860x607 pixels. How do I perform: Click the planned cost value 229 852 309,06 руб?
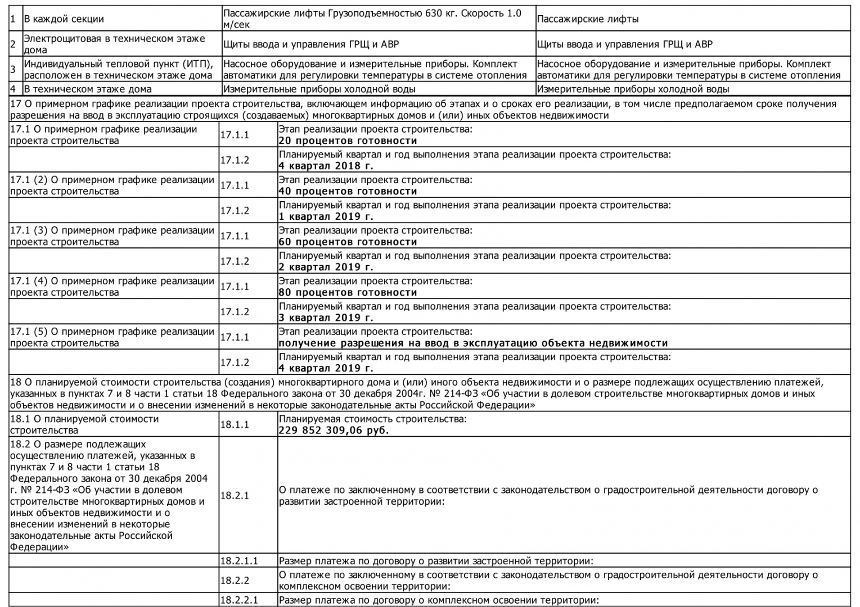click(x=334, y=431)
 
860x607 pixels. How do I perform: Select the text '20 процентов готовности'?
click(x=348, y=141)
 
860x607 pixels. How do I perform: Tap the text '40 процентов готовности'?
click(x=348, y=191)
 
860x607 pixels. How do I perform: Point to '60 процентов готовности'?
click(x=348, y=242)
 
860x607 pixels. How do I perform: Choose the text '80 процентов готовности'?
click(x=348, y=292)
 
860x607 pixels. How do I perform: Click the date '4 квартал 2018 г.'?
click(x=326, y=166)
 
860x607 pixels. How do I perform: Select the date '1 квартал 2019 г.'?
click(x=326, y=216)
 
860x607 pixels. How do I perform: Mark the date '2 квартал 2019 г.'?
click(x=326, y=267)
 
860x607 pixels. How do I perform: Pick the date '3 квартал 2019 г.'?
click(x=326, y=318)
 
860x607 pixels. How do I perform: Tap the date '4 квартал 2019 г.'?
click(x=326, y=368)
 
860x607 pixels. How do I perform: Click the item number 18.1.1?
click(x=235, y=425)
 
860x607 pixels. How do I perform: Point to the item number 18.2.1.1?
click(x=239, y=560)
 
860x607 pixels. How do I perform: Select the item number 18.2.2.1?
click(x=239, y=600)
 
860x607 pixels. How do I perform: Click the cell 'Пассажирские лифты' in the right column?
click(x=588, y=19)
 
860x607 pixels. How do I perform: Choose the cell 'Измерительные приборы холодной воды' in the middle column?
click(x=319, y=89)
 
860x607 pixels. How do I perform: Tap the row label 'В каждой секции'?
click(x=64, y=19)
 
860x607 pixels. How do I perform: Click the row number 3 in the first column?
click(x=13, y=70)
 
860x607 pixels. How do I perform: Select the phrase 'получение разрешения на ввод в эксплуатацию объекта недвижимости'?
click(x=473, y=343)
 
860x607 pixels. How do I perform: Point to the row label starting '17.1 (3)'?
click(x=112, y=236)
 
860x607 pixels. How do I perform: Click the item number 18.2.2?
click(x=235, y=580)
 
